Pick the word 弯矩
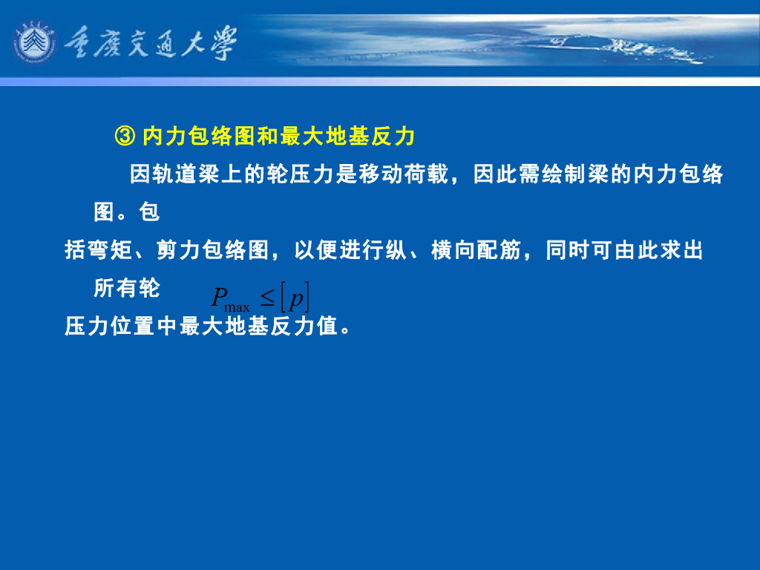point(111,251)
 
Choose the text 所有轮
point(127,289)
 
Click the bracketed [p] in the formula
point(295,298)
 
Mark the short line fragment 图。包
point(127,213)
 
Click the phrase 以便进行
point(329,251)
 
